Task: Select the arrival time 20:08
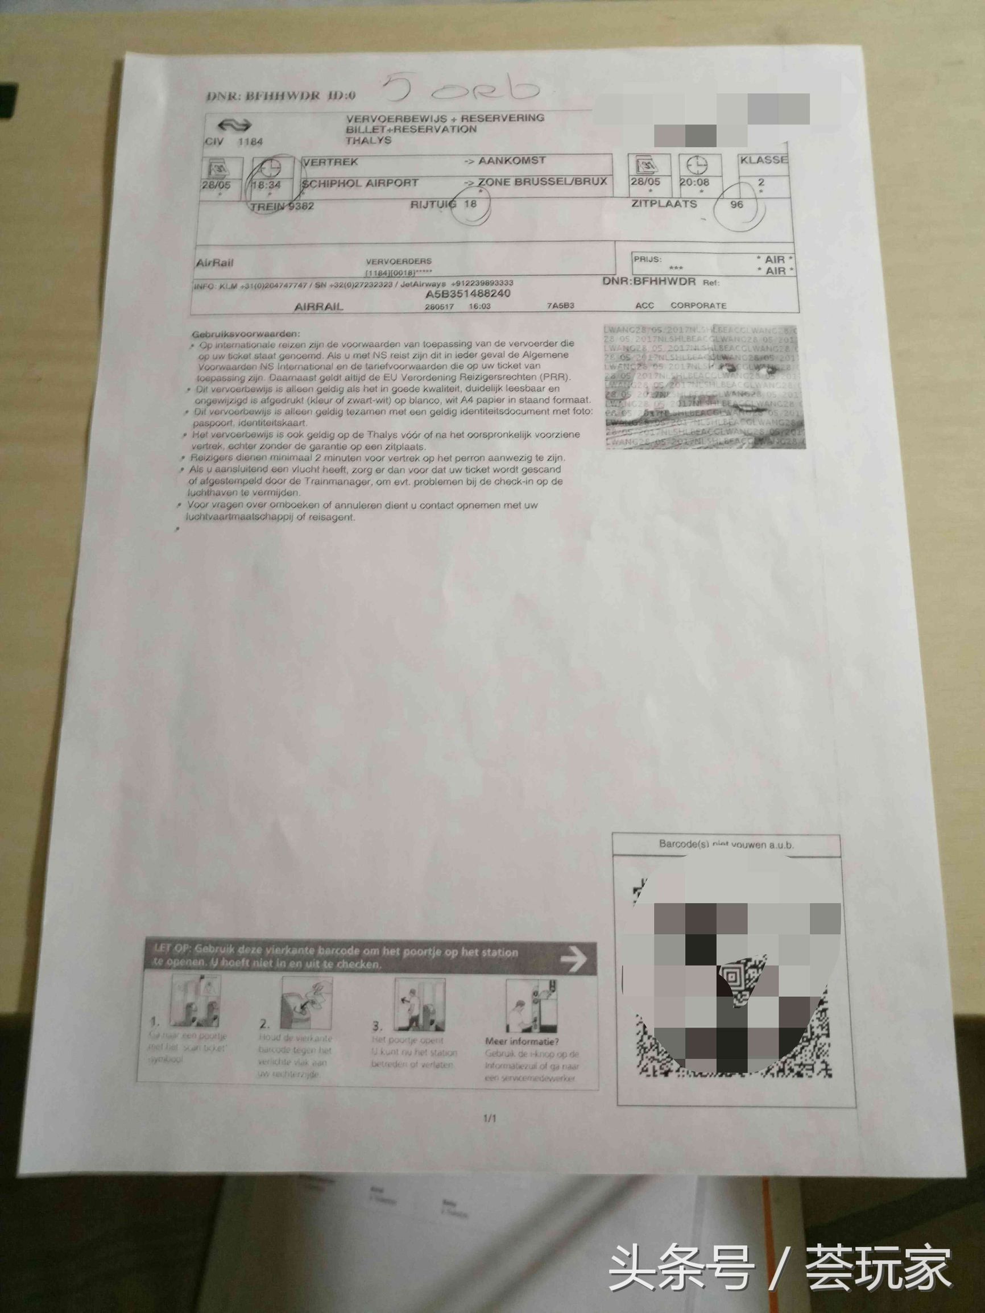coord(694,181)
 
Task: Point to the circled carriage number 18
coord(470,204)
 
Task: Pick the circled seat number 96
coord(737,204)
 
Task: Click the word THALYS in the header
coord(369,140)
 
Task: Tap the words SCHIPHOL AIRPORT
coord(360,183)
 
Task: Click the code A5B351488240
coord(468,294)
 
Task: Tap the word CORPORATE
coord(698,305)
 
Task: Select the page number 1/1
coord(490,1119)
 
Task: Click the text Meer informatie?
coord(522,1041)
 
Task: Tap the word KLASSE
coord(764,160)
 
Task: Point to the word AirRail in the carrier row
coord(214,262)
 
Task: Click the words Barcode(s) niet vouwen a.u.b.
coord(726,844)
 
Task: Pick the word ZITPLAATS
coord(664,204)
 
